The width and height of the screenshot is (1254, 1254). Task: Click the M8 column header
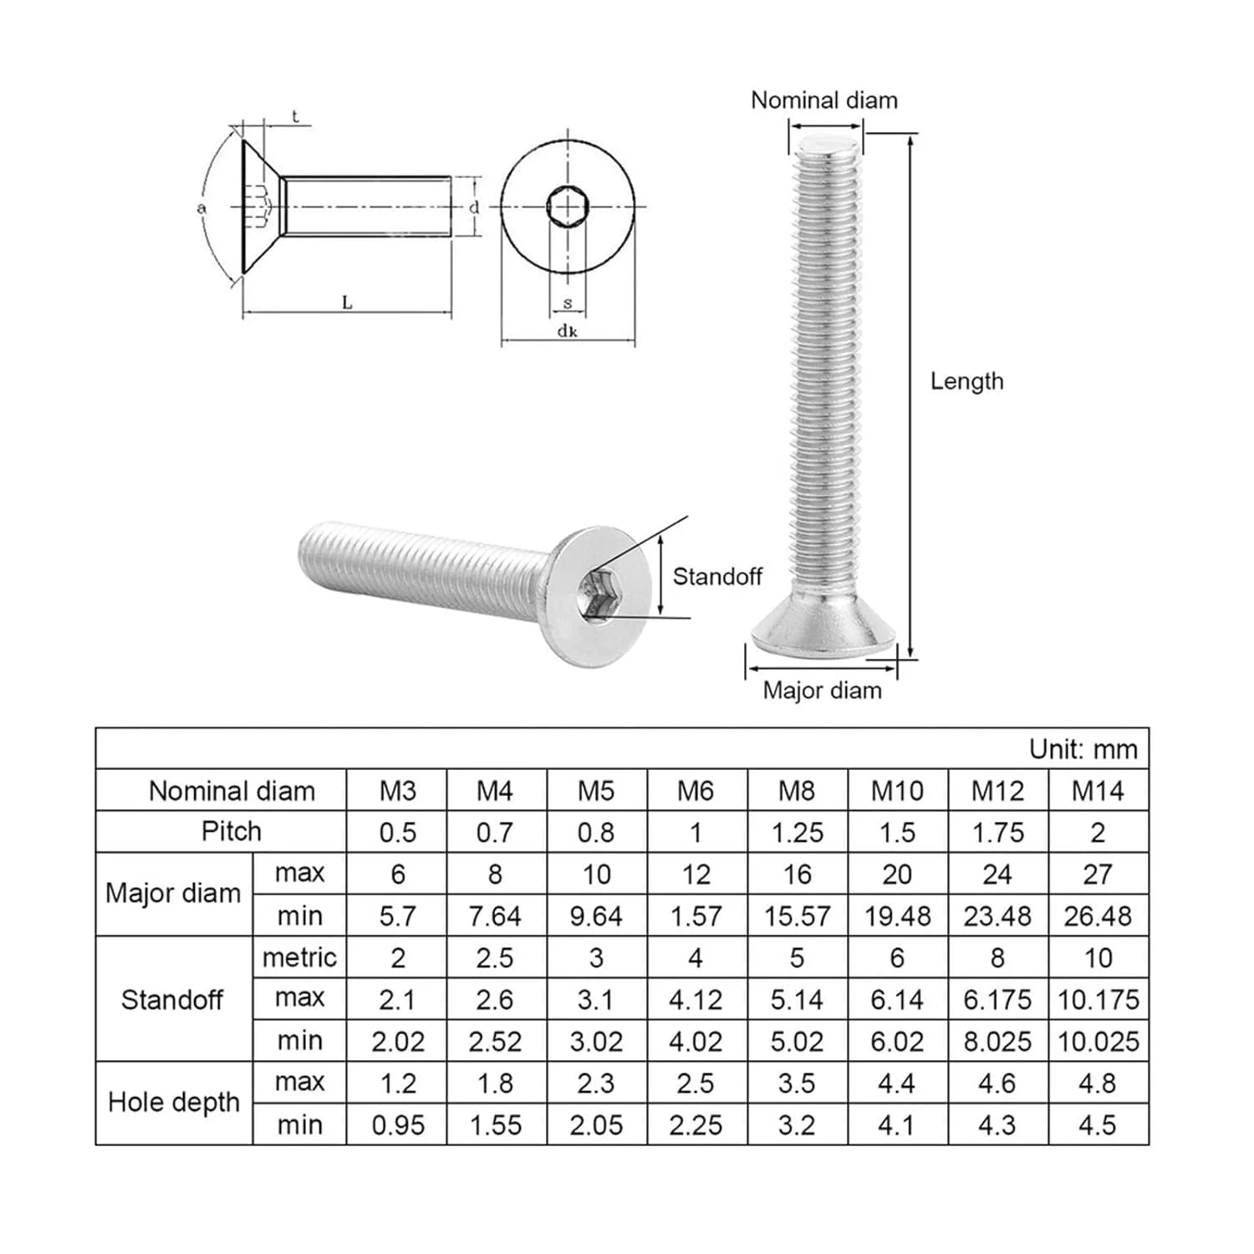pyautogui.click(x=797, y=790)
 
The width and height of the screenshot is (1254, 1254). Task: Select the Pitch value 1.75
pyautogui.click(x=997, y=832)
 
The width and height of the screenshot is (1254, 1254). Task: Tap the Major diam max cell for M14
pyautogui.click(x=1098, y=874)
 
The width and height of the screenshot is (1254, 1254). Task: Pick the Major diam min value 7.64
pyautogui.click(x=495, y=915)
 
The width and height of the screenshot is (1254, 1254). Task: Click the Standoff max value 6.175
pyautogui.click(x=997, y=999)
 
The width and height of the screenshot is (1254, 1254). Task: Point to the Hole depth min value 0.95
pyautogui.click(x=398, y=1124)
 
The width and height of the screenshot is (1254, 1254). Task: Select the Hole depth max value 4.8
pyautogui.click(x=1098, y=1083)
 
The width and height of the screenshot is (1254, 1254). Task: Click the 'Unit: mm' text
pyautogui.click(x=1083, y=748)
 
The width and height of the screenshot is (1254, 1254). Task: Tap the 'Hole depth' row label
pyautogui.click(x=174, y=1102)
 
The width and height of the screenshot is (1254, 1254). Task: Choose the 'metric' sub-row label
pyautogui.click(x=299, y=957)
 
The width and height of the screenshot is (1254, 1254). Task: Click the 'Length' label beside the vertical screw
pyautogui.click(x=967, y=381)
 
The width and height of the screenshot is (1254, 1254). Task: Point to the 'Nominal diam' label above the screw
pyautogui.click(x=824, y=100)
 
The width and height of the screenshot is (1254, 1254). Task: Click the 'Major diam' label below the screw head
pyautogui.click(x=823, y=691)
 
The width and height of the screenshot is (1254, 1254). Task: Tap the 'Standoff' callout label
pyautogui.click(x=717, y=576)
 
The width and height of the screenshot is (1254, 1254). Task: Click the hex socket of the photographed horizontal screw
pyautogui.click(x=599, y=597)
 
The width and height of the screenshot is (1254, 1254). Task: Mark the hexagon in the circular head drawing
pyautogui.click(x=568, y=206)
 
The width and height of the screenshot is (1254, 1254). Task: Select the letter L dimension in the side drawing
pyautogui.click(x=347, y=303)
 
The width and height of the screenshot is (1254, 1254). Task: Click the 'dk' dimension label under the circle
pyautogui.click(x=568, y=331)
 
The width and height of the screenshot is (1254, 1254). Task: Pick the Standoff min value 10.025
pyautogui.click(x=1098, y=1041)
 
